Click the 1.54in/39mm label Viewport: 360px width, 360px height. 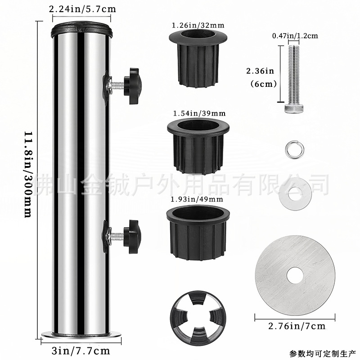198,112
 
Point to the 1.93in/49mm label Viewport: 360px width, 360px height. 198,198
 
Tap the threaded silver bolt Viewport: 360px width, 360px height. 292,76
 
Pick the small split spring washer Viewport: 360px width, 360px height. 292,149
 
